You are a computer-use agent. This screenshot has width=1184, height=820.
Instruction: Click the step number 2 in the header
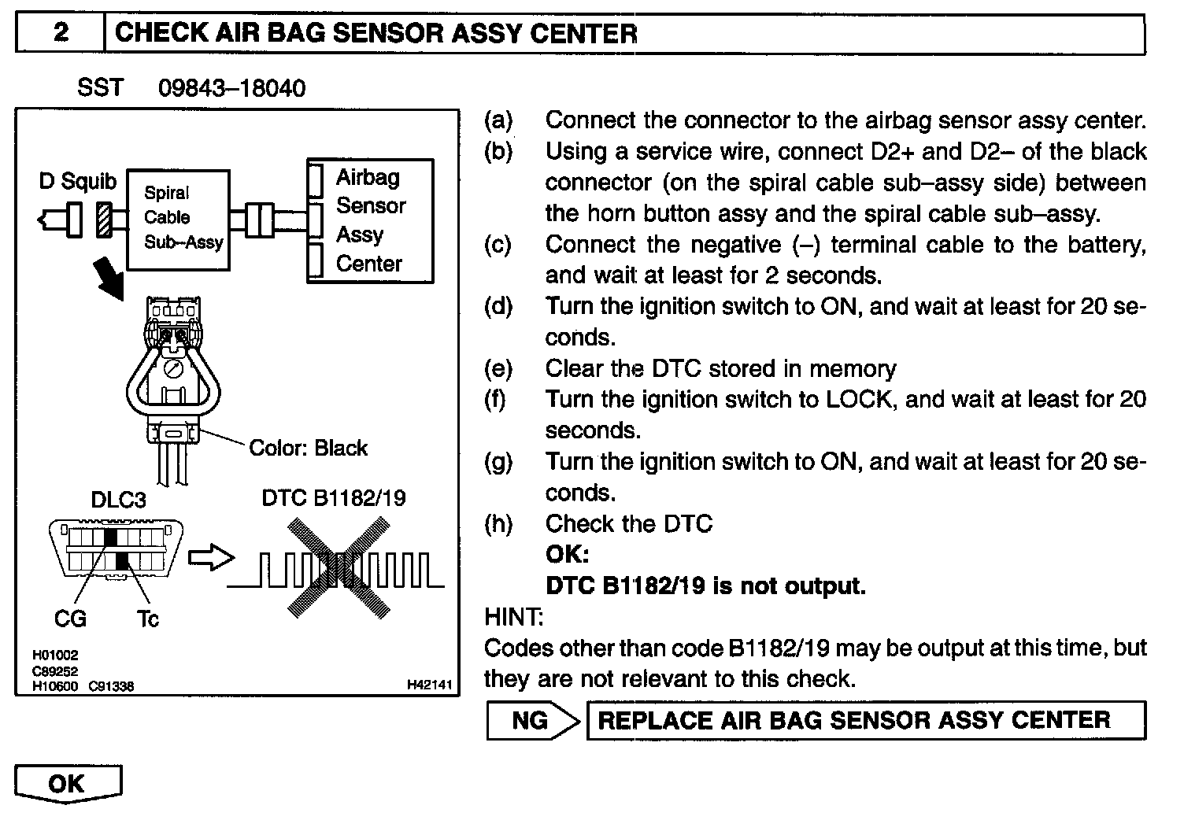[x=61, y=33]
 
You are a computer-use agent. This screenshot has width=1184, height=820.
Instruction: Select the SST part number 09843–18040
[x=231, y=87]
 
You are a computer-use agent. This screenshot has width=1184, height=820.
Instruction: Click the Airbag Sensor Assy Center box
[x=369, y=220]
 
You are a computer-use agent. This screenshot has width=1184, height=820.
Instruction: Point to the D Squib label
[x=77, y=181]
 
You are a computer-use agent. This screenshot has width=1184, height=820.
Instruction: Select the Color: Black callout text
[x=308, y=448]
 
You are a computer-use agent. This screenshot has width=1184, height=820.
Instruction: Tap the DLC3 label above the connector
[x=118, y=500]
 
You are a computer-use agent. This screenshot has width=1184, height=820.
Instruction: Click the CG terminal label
[x=70, y=619]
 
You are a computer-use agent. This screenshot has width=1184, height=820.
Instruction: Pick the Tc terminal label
[x=147, y=619]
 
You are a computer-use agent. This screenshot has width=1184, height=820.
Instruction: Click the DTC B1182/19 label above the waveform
[x=334, y=498]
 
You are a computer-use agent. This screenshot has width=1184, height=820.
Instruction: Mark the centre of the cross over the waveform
[x=339, y=566]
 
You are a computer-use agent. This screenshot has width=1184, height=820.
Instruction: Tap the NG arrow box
[x=531, y=720]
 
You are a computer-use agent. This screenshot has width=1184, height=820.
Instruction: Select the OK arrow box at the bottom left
[x=68, y=784]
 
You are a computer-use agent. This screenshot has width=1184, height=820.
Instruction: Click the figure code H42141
[x=429, y=685]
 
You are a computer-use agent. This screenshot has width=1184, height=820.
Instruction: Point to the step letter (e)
[x=498, y=368]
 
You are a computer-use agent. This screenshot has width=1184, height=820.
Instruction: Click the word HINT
[x=513, y=617]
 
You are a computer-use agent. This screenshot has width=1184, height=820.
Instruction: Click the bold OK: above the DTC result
[x=567, y=555]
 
